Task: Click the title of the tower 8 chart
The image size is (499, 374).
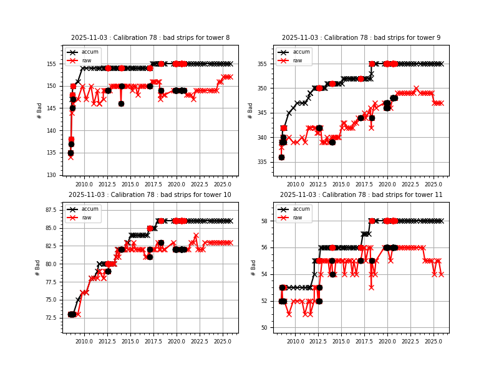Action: pos(150,38)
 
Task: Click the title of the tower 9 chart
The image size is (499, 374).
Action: pos(361,38)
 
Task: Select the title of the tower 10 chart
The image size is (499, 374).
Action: pos(150,195)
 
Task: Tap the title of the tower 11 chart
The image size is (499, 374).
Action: pos(361,195)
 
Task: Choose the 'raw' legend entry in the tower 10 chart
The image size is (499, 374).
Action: pos(87,218)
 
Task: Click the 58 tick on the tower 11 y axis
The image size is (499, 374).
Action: pos(266,221)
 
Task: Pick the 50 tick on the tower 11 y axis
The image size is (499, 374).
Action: pos(266,328)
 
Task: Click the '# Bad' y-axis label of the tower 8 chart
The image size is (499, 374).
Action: pos(40,110)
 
